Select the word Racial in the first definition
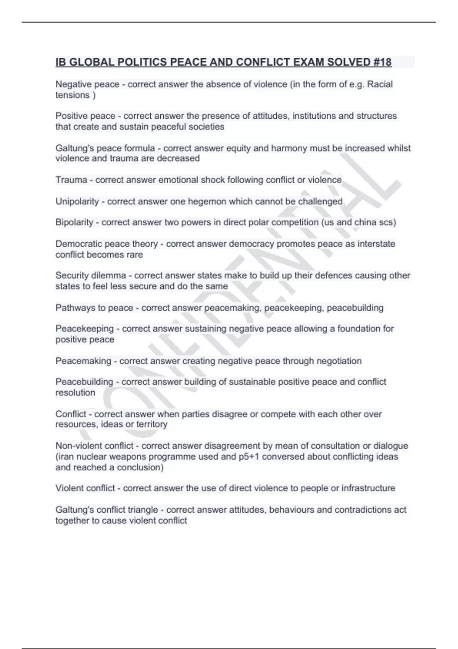point(380,84)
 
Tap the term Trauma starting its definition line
point(71,180)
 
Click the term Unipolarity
point(77,201)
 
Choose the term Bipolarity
point(74,222)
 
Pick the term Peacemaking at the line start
point(83,361)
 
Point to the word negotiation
point(339,361)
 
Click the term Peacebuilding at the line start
point(84,382)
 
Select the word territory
point(152,425)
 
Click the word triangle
point(143,510)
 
